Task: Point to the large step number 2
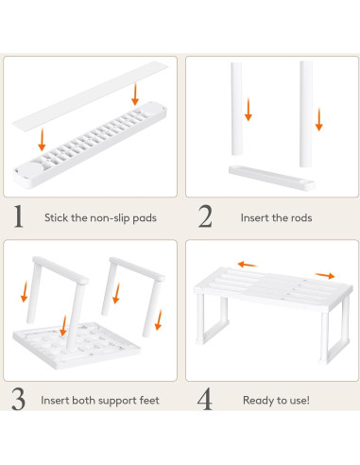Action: (x=204, y=216)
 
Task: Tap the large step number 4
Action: (x=204, y=399)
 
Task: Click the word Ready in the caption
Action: (x=259, y=400)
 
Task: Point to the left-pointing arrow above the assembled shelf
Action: (x=248, y=266)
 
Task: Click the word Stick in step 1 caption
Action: (x=56, y=217)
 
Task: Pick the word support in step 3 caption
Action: (x=114, y=400)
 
